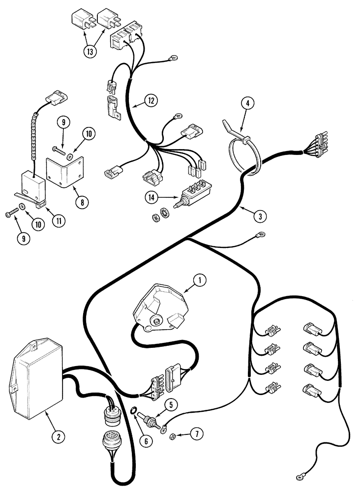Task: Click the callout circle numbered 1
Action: [199, 280]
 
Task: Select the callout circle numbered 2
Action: [58, 435]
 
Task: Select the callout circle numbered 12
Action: [151, 101]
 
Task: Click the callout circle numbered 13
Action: [90, 52]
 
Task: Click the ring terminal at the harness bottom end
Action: [299, 476]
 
